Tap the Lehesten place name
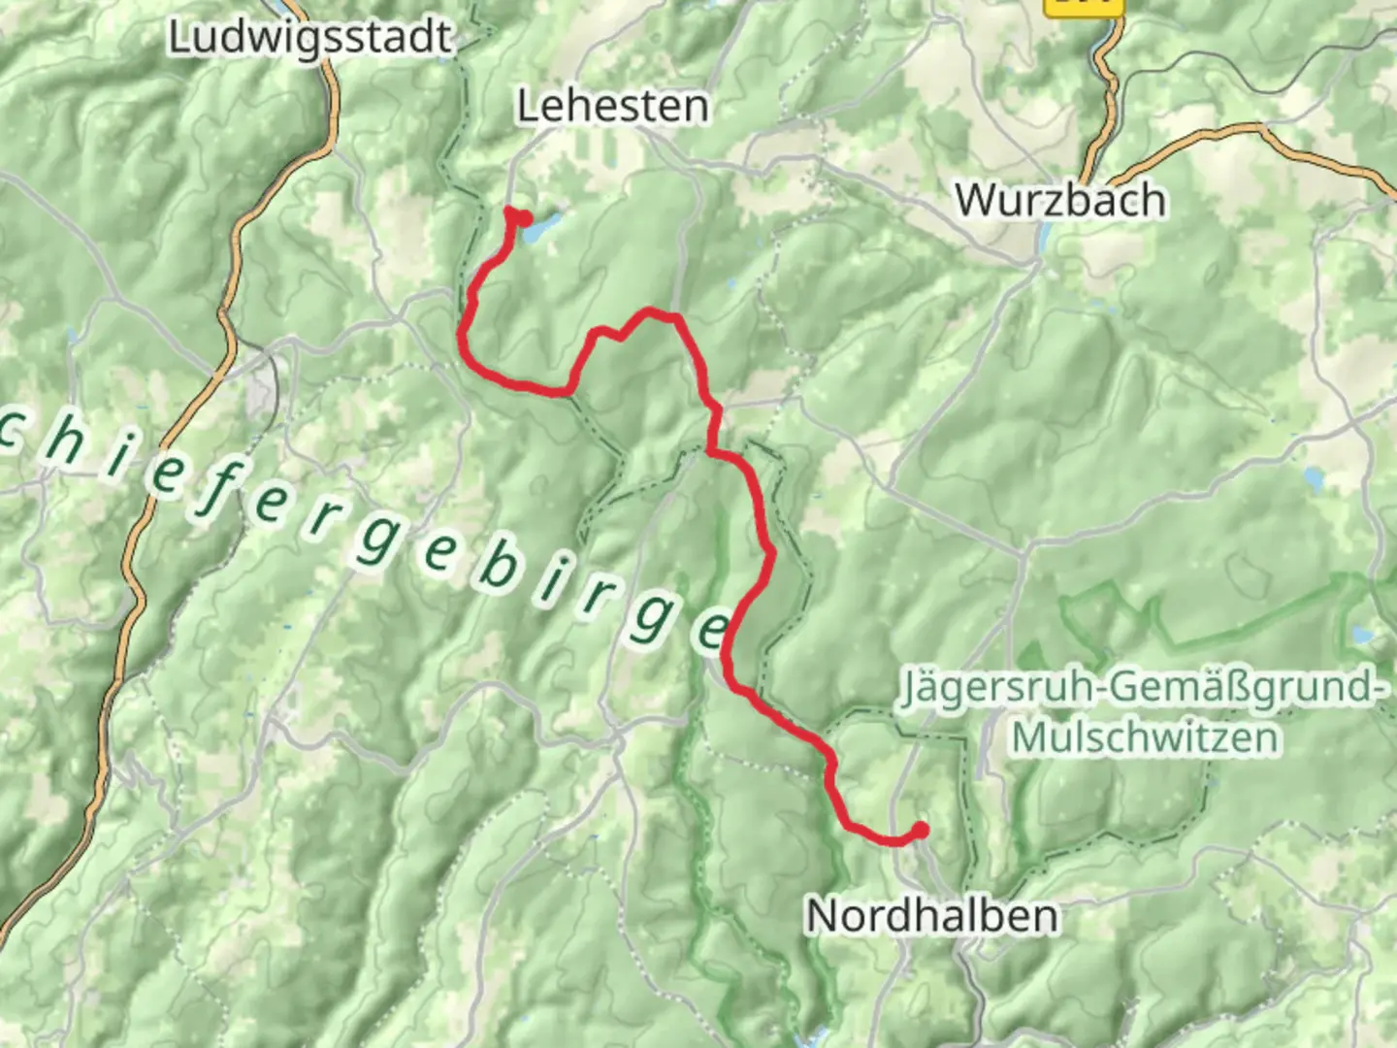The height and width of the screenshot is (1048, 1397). click(x=612, y=106)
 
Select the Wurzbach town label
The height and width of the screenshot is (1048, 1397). click(x=1060, y=201)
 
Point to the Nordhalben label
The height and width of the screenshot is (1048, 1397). click(x=931, y=916)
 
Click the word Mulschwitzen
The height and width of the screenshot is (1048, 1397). click(x=1146, y=737)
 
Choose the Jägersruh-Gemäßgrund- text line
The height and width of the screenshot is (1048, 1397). click(x=1141, y=688)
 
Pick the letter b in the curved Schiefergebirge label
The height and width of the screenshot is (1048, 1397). click(x=498, y=566)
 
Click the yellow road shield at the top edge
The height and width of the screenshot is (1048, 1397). click(x=1083, y=6)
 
